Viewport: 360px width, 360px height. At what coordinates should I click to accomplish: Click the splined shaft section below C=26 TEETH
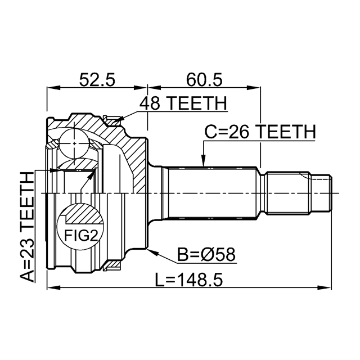click(214, 191)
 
